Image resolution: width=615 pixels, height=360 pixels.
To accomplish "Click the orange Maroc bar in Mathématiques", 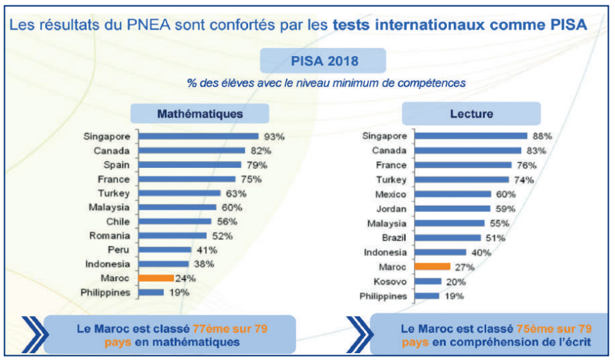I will pos(155,278).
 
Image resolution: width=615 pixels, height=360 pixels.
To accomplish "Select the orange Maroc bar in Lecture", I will pos(433,267).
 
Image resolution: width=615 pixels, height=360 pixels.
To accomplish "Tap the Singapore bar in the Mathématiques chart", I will pos(198,136).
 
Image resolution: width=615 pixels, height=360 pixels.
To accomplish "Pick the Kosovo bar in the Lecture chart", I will pos(429,281).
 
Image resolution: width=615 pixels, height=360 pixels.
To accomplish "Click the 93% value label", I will pos(274,136).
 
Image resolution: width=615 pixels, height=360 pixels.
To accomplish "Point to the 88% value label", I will pos(542,136).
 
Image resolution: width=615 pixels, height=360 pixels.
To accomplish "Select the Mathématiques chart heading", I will pos(200,113).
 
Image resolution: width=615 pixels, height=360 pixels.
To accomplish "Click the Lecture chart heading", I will pos(471,113).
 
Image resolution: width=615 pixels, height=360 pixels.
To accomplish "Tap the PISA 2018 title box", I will pos(322,60).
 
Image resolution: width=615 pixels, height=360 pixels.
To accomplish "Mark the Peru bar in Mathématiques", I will pos(167,250).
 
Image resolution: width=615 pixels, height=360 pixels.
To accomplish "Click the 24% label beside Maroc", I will pos(185,278).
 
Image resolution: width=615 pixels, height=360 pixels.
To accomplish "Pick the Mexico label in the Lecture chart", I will pos(391,194).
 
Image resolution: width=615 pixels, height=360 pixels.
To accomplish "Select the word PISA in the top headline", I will pos(564,25).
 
